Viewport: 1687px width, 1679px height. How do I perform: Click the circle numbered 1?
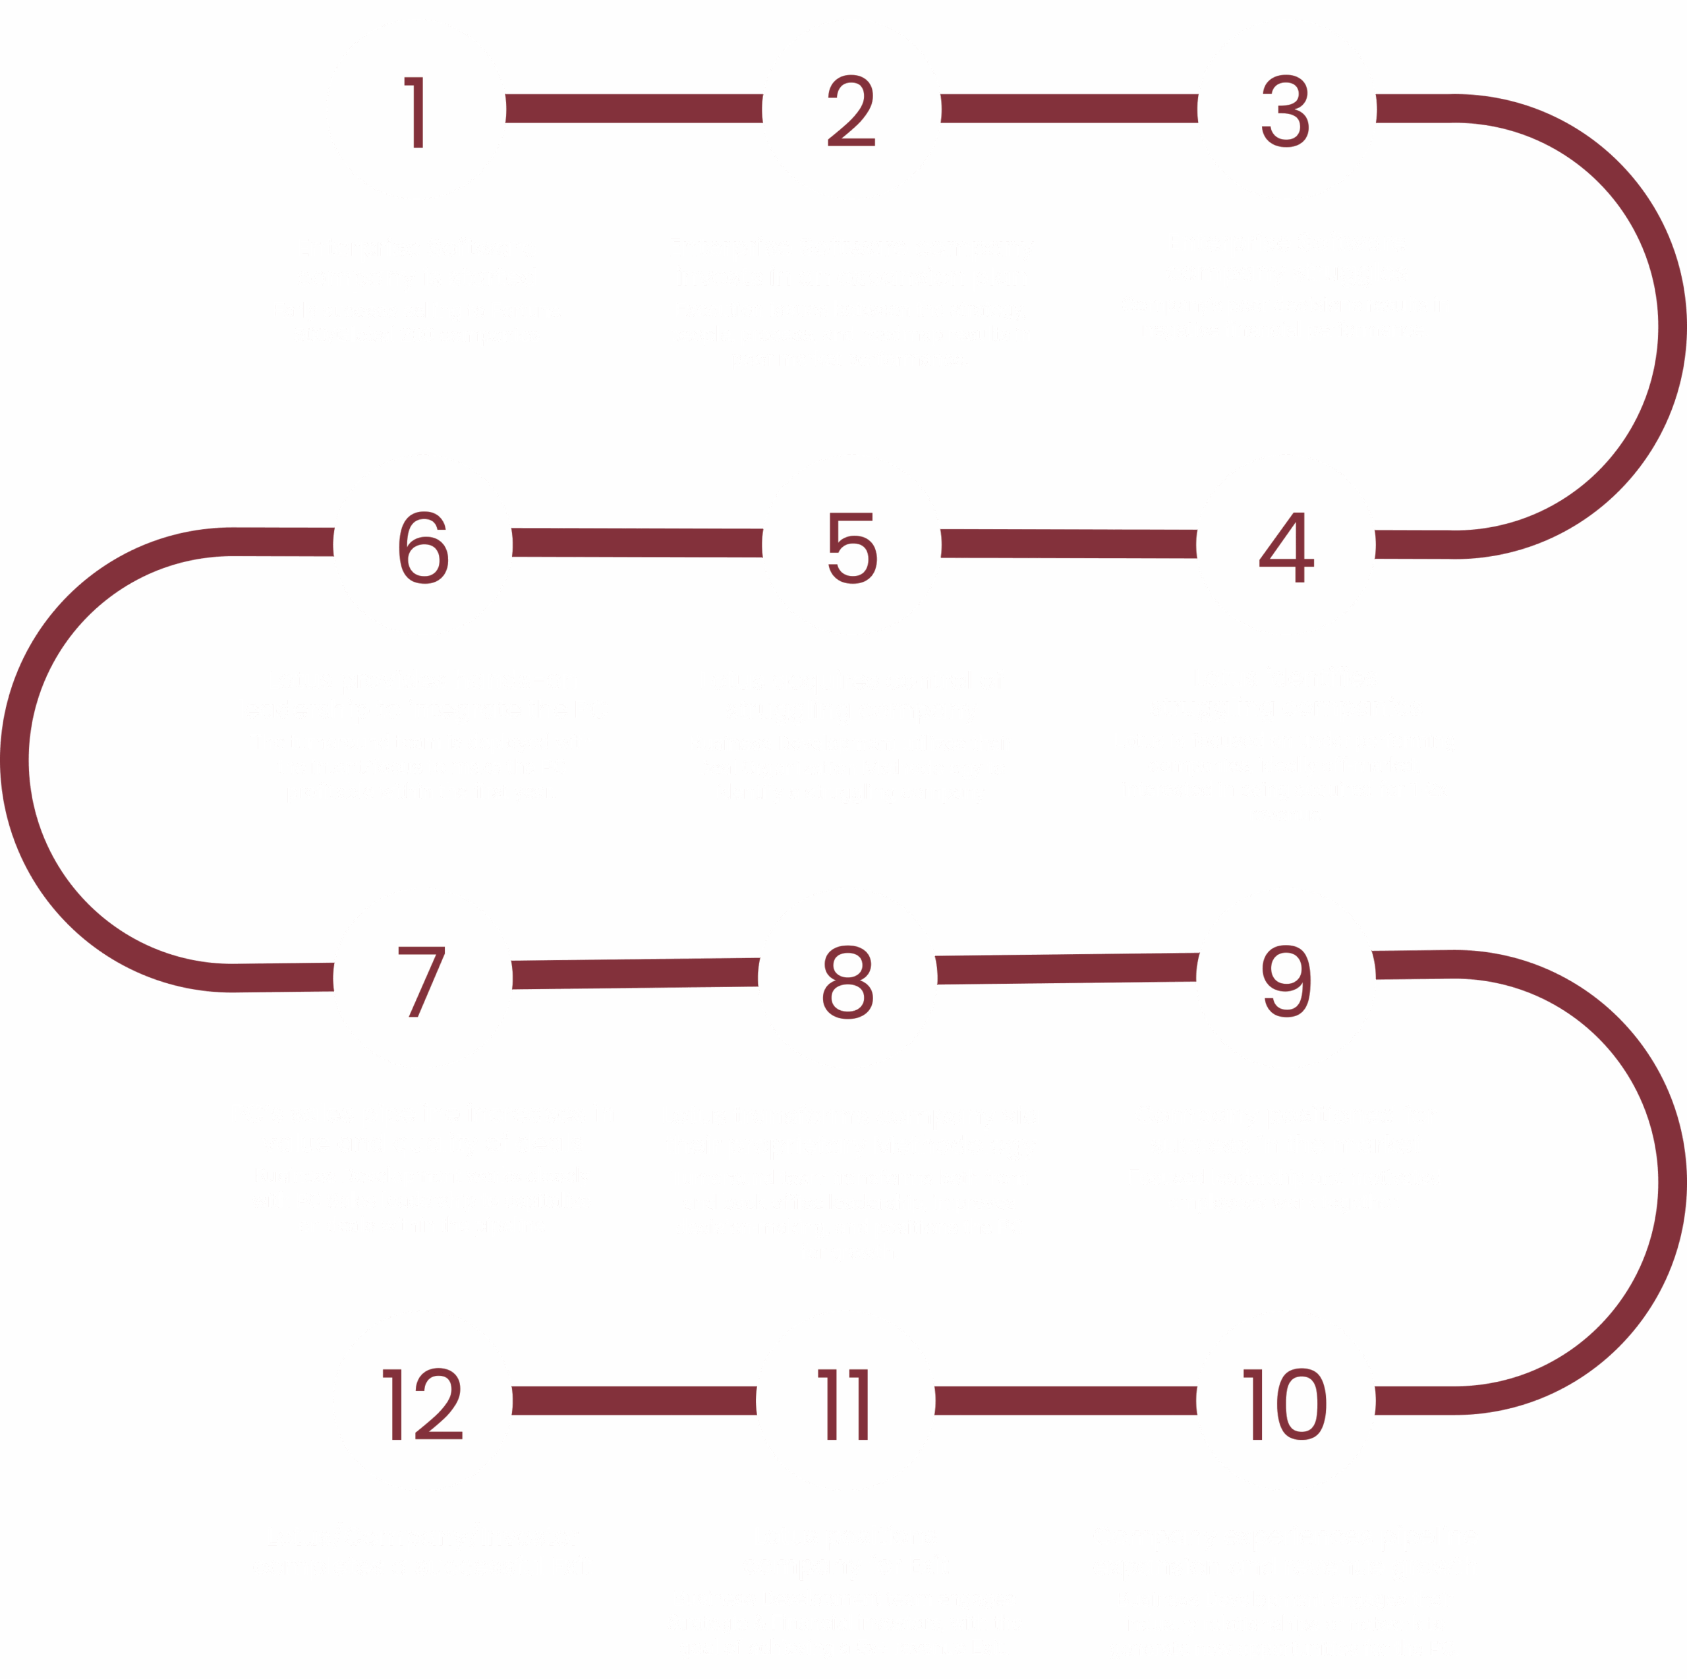(416, 110)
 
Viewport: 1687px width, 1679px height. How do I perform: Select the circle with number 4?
(1285, 545)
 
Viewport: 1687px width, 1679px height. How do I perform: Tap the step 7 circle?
(422, 978)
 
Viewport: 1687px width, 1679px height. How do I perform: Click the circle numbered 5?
(851, 545)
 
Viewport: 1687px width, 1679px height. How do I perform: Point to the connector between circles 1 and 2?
(634, 109)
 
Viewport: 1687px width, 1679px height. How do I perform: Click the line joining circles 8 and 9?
(1066, 968)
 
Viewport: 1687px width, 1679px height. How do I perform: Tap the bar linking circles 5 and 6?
(637, 543)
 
